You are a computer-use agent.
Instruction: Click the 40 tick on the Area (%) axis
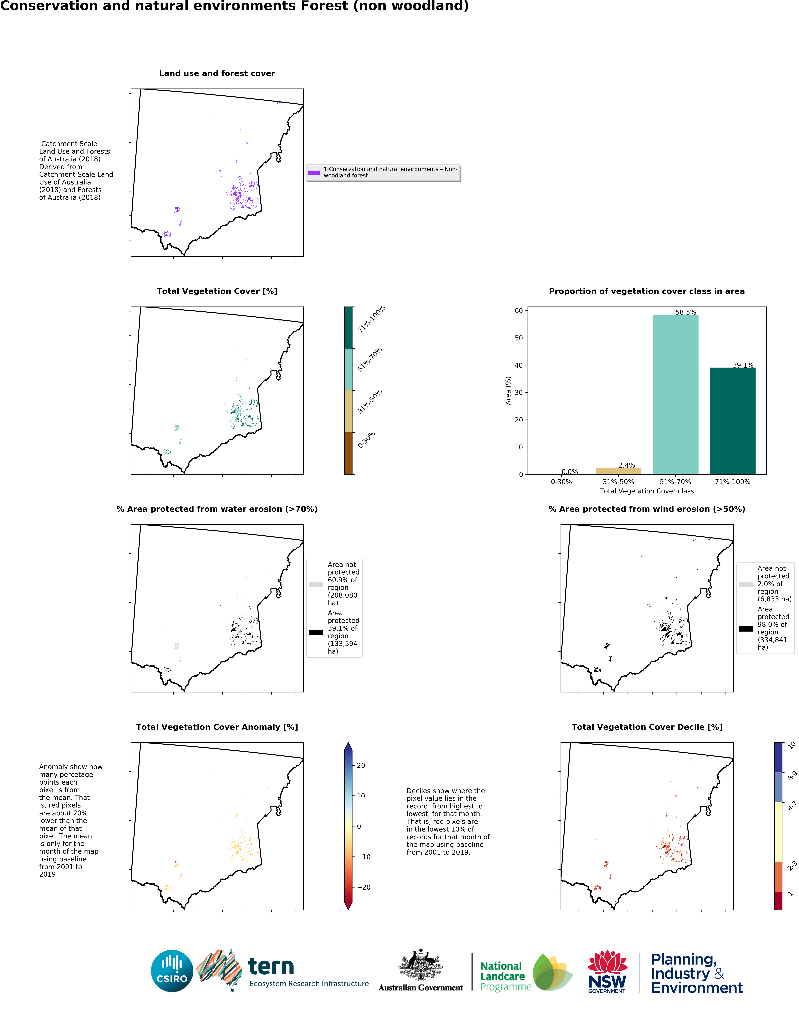(x=519, y=365)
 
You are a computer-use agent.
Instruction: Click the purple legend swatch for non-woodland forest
(x=314, y=173)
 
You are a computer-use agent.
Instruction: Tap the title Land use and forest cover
(x=217, y=74)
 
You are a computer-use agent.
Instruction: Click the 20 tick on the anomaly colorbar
(x=361, y=765)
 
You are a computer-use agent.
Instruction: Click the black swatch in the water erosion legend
(x=316, y=633)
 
